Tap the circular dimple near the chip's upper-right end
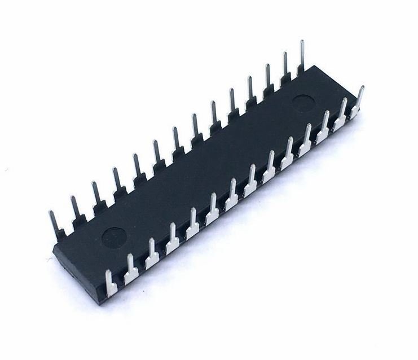(304, 102)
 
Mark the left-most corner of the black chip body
(53, 249)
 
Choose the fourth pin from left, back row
(117, 180)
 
